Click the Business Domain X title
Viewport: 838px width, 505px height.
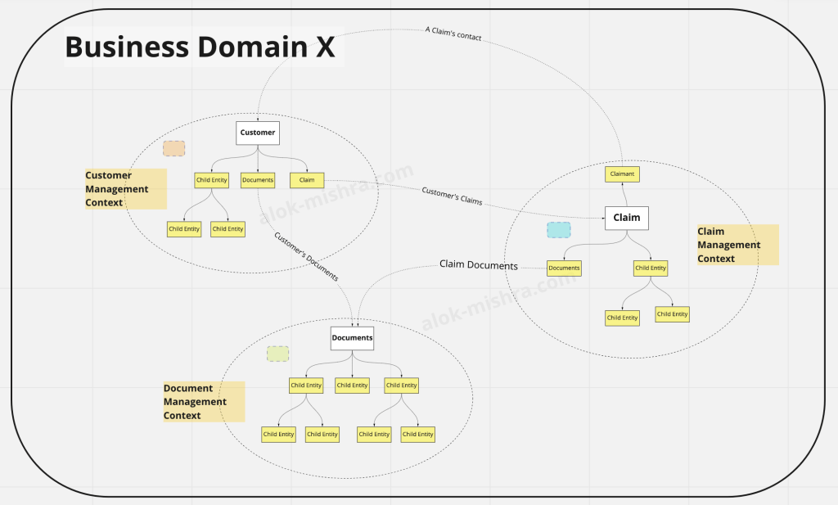tap(200, 47)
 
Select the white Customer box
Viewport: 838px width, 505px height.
tap(258, 133)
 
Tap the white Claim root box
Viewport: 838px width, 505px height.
tap(627, 218)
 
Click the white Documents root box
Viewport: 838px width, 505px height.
tap(352, 338)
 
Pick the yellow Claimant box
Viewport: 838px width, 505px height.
tap(622, 174)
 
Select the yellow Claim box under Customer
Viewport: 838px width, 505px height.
tap(307, 180)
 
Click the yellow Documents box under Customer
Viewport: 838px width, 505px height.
tap(258, 180)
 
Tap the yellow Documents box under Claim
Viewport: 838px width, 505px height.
tap(564, 268)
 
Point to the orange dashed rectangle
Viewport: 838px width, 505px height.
tap(173, 148)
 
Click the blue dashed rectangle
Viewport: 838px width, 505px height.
tap(559, 230)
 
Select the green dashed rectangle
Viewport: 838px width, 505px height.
tap(277, 354)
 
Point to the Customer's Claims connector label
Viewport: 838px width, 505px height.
tap(452, 196)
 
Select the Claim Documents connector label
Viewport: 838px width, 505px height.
tap(479, 264)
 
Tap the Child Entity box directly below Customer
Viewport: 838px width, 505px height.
tap(212, 180)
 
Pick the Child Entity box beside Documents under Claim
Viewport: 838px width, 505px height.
tap(651, 268)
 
